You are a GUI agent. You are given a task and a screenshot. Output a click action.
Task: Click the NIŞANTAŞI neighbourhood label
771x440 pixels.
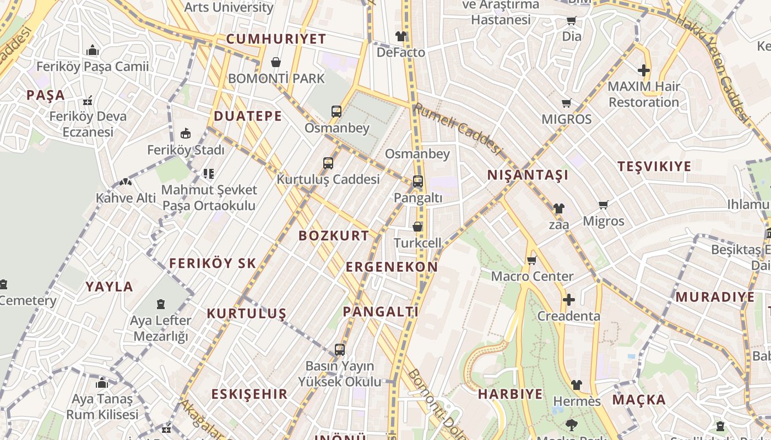pos(528,175)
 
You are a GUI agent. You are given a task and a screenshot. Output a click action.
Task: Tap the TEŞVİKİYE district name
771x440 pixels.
pos(654,167)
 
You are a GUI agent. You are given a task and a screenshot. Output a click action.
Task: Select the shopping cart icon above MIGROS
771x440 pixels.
pos(566,103)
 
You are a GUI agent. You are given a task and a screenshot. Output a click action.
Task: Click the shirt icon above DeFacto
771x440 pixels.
pos(400,37)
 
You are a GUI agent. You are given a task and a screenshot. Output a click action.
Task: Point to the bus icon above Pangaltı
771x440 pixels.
pos(418,181)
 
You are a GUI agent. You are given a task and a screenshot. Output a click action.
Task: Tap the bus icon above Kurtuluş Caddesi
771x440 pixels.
pos(328,163)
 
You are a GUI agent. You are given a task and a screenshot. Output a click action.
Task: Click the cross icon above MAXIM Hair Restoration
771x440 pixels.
pos(643,70)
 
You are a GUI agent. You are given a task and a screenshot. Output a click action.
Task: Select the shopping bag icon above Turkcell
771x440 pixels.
pos(417,227)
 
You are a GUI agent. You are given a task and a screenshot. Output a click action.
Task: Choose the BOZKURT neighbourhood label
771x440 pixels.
pos(334,236)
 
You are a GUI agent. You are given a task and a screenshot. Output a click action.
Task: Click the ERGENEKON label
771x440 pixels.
pos(392,267)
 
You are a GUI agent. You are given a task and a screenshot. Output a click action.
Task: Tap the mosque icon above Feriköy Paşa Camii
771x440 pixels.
pos(93,51)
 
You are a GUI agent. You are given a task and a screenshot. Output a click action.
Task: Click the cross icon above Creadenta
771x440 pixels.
pos(568,300)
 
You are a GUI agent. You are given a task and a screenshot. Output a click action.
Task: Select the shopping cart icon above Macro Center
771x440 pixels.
pos(531,260)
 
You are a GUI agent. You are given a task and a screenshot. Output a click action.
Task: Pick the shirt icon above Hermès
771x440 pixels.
pos(577,385)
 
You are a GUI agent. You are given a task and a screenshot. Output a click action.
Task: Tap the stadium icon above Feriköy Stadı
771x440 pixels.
pos(186,134)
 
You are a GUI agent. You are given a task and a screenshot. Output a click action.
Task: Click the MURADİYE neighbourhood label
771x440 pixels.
pos(715,298)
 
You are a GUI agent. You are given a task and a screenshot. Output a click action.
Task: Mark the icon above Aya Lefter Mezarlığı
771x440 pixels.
pos(160,304)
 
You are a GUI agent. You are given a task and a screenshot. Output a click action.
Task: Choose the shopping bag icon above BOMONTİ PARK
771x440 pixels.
pos(276,62)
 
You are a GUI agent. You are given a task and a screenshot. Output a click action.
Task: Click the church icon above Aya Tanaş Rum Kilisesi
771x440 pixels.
pos(102,383)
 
